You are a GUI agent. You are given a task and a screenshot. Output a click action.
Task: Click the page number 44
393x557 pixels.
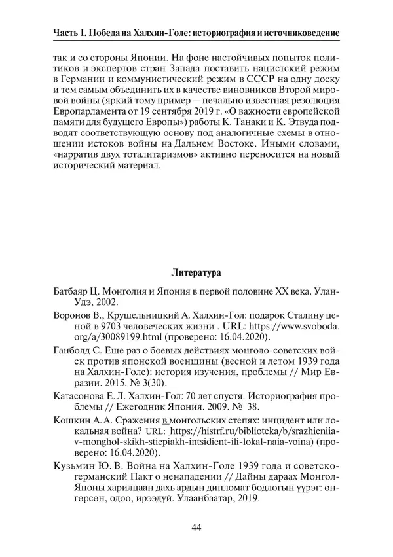tap(196, 528)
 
